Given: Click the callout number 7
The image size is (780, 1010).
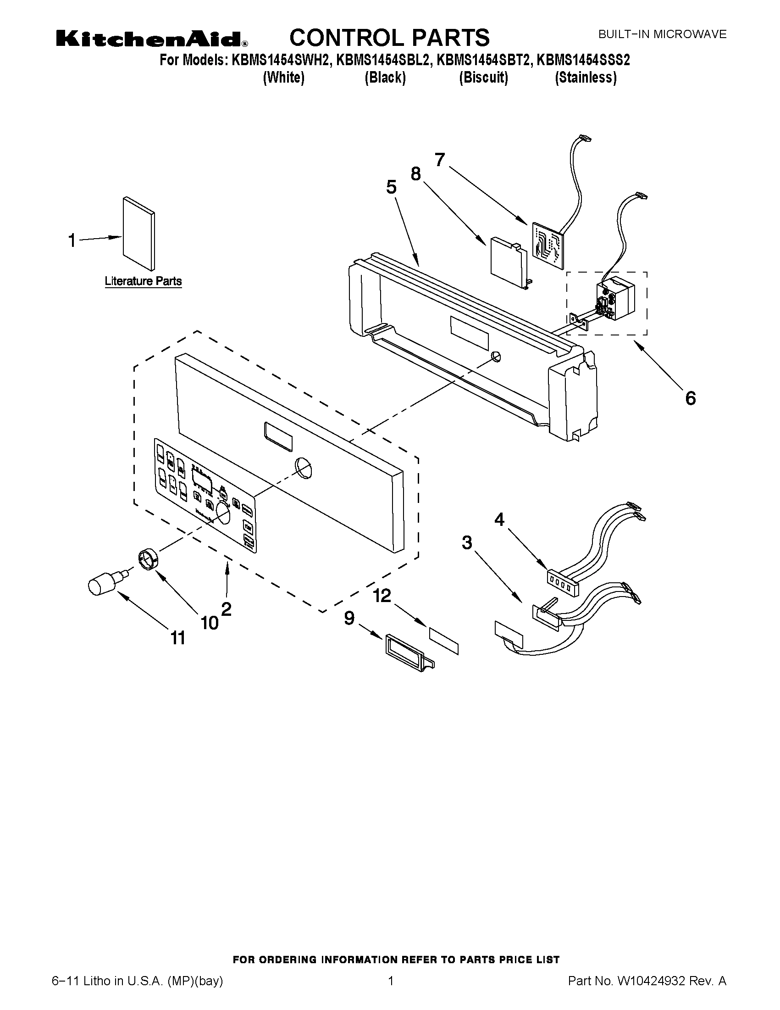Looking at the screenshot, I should [439, 160].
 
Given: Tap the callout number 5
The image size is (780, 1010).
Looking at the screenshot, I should [391, 188].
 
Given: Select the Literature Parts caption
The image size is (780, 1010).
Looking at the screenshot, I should [143, 281].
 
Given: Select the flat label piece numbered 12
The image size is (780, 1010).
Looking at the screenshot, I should [444, 641].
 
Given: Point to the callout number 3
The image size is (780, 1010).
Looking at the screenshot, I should [467, 542].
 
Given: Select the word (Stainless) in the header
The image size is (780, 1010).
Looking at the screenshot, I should [586, 78].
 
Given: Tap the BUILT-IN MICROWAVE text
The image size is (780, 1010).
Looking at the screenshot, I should [662, 34].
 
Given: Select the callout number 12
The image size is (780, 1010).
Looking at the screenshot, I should [382, 596].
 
